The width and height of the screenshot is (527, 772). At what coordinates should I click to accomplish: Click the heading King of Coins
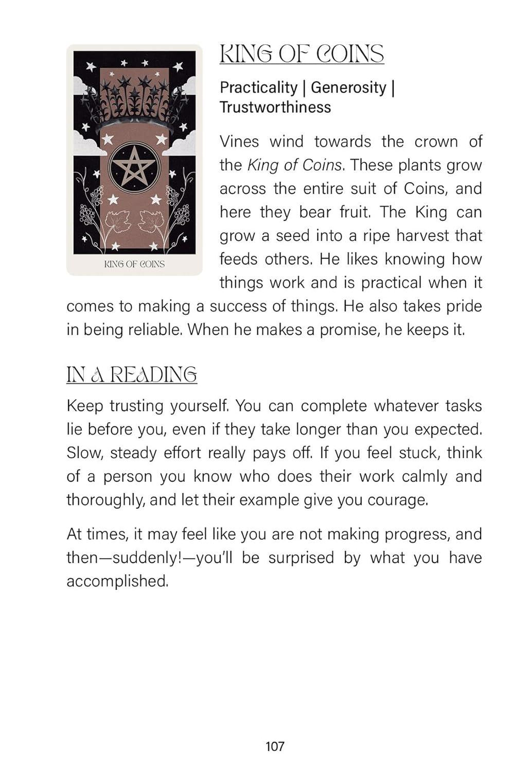point(302,54)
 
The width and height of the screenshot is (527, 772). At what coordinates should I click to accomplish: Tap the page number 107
point(275,746)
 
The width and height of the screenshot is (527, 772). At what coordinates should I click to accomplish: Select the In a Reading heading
point(132,374)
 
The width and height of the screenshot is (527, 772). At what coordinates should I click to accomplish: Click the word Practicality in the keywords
point(258,88)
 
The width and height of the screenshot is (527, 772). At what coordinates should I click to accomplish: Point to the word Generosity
point(348,88)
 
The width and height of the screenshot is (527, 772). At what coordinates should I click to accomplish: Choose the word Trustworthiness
point(275,107)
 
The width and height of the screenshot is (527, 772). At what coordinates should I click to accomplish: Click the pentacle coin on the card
point(134,167)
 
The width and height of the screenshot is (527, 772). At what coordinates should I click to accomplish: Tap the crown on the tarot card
point(134,100)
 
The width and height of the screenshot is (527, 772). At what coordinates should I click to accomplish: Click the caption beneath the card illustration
point(134,264)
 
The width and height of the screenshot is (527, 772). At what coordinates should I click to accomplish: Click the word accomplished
point(117,581)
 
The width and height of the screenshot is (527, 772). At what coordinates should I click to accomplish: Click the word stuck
point(417,453)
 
